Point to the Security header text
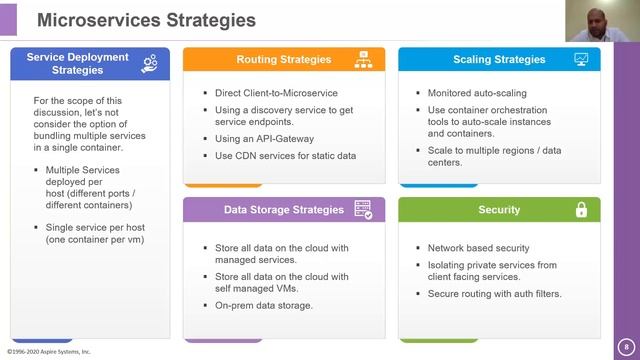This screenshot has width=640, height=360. (499, 210)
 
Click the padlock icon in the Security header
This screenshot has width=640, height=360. (581, 210)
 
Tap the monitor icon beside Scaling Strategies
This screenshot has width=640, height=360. (580, 60)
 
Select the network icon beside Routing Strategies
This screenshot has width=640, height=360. (363, 60)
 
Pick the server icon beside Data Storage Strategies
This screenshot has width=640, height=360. (363, 210)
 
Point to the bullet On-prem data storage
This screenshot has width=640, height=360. (264, 305)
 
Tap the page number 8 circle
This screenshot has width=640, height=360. (626, 342)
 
